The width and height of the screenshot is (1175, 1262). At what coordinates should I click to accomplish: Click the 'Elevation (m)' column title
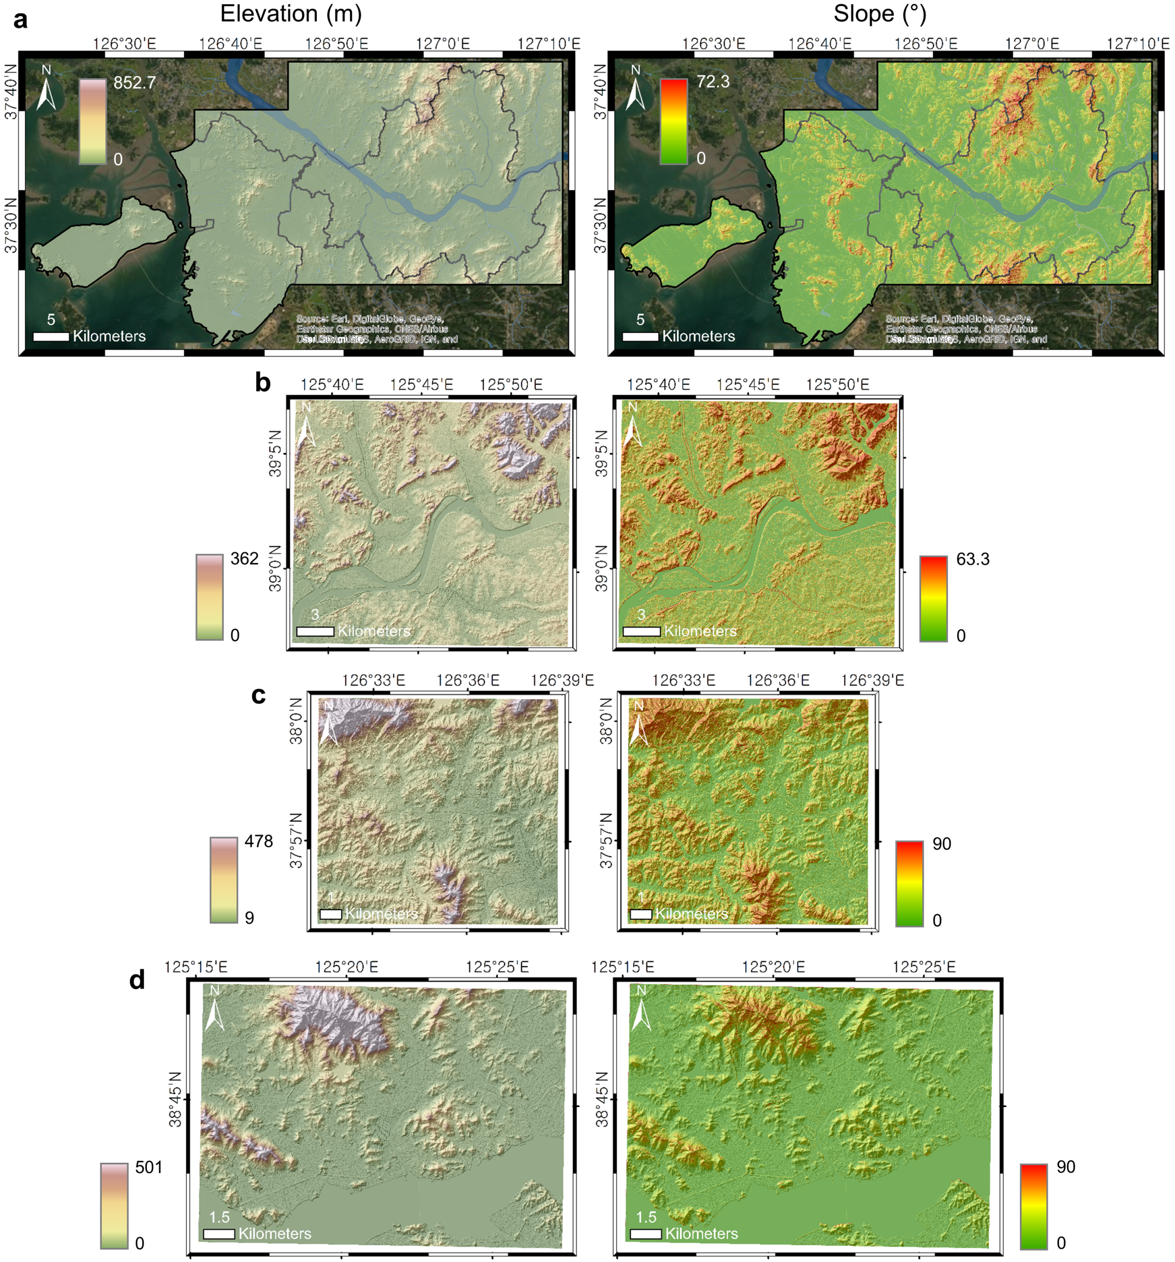coord(291,14)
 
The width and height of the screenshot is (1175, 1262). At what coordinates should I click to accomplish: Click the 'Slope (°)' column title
coord(879,14)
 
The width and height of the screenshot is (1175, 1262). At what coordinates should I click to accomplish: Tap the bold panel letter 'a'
coord(20,20)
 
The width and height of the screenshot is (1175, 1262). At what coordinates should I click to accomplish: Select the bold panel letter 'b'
coord(262,383)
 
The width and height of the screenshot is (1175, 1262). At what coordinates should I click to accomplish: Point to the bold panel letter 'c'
coord(258,695)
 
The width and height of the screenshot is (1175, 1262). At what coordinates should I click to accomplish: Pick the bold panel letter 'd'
coord(136,981)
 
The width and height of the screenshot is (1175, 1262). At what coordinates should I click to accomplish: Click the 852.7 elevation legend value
coord(134,83)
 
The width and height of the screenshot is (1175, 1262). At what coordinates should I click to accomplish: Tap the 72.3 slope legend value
coord(713,81)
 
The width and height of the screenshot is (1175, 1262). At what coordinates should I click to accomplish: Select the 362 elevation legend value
coord(245,559)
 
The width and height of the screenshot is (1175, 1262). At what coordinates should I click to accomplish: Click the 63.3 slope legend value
coord(972,559)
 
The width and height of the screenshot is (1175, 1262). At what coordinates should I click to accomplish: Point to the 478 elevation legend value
coord(258,841)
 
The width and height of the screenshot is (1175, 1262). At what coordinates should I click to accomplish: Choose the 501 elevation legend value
coord(149,1167)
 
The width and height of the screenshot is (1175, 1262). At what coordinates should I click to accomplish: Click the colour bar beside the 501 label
coord(114,1206)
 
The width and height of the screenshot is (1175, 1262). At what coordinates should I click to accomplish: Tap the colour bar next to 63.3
coord(933,598)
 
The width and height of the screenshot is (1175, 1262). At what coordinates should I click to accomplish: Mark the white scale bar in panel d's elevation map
coord(219,1234)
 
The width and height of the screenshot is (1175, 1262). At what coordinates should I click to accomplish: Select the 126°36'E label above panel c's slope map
coord(777,680)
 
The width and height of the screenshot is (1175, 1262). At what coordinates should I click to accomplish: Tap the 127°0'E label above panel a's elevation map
coord(443,43)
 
